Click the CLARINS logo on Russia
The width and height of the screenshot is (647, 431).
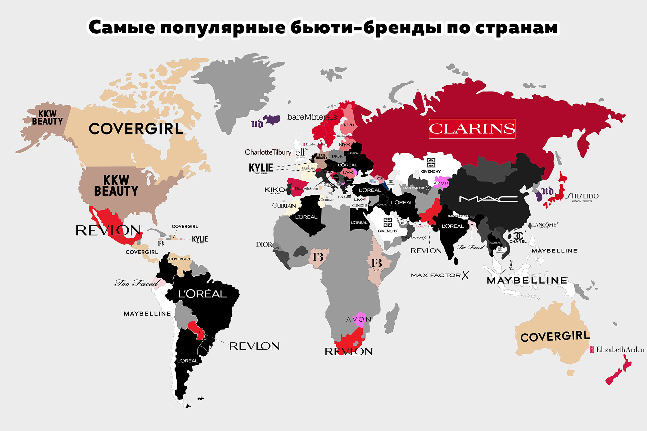472,129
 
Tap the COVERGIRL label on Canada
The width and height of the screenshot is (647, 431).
136,129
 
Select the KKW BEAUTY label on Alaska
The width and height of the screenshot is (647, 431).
47,118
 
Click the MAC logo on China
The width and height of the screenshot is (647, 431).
488,199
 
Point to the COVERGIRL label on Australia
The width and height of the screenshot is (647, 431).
555,336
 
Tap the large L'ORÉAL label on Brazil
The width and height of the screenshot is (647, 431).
203,294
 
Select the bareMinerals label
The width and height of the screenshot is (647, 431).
312,117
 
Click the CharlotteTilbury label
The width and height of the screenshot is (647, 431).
268,152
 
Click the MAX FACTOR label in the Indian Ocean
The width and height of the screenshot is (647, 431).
439,275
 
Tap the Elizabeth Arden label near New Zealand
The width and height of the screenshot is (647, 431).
618,350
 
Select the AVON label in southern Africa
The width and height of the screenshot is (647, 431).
358,319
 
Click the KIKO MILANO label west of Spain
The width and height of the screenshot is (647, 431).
275,190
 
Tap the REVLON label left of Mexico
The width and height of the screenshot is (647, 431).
108,231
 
